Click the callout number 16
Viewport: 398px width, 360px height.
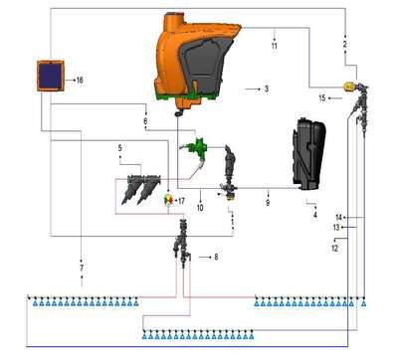[80, 80]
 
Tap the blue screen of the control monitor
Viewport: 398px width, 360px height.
[50, 76]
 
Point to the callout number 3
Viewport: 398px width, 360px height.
[267, 89]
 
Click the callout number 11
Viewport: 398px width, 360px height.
[275, 46]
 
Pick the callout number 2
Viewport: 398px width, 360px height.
[345, 44]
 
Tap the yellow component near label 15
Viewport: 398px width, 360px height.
[348, 87]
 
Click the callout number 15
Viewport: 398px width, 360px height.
[322, 98]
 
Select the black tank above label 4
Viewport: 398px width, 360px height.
[308, 155]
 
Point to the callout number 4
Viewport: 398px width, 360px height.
[315, 215]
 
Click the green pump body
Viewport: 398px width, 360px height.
[196, 146]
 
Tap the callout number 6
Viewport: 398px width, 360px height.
[145, 121]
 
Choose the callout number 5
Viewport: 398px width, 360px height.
[120, 148]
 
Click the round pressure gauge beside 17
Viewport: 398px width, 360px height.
[169, 200]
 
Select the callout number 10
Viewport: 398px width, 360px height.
[200, 208]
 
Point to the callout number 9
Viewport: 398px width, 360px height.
[268, 202]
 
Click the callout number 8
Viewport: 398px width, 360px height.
[216, 257]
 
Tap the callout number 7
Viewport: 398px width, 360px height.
[82, 268]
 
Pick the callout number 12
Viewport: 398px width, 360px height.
[335, 248]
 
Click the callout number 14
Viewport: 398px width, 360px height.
[338, 218]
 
